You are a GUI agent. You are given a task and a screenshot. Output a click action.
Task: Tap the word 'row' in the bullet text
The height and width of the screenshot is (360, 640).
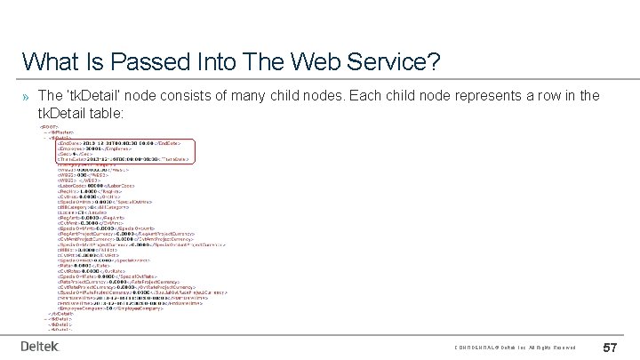[520, 96]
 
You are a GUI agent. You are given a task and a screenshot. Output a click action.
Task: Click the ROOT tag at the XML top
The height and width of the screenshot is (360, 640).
[48, 127]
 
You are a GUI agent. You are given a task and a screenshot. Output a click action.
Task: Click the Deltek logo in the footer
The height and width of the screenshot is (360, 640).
[40, 346]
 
